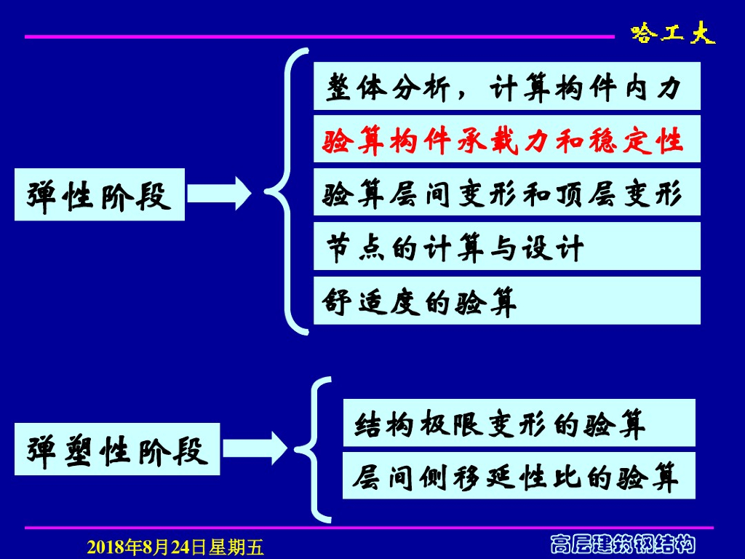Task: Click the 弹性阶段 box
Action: (x=100, y=195)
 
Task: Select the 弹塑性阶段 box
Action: (x=117, y=450)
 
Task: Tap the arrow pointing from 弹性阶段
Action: (x=218, y=194)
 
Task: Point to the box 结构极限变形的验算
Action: (x=519, y=423)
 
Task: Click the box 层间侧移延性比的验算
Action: (x=519, y=476)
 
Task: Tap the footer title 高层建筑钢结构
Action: (x=622, y=544)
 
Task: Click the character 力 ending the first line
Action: (x=667, y=87)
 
